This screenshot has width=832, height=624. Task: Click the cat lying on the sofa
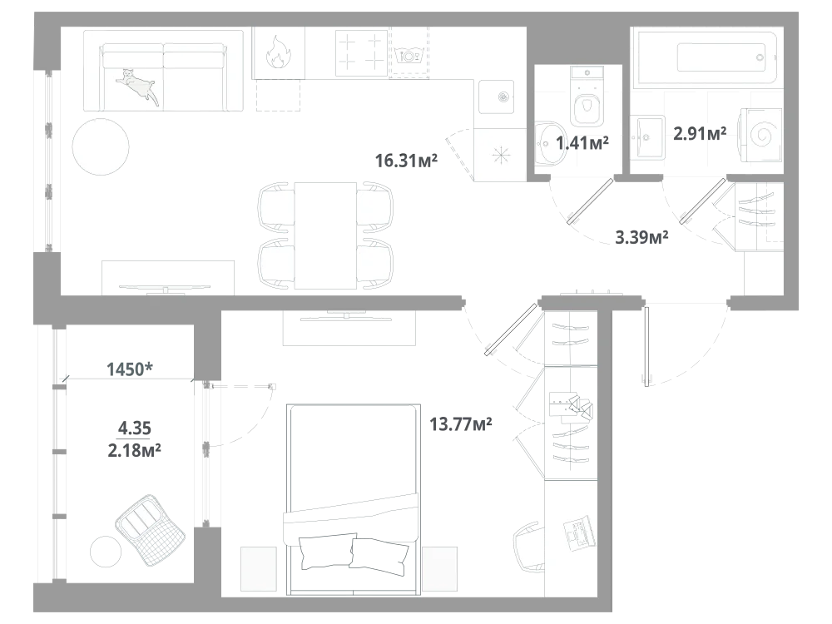coord(138,85)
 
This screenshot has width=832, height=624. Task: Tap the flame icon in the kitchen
coord(278,52)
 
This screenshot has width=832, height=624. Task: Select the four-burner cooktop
coord(361,53)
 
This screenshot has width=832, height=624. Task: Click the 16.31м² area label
coord(407,161)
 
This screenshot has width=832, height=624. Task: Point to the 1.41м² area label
coord(582,143)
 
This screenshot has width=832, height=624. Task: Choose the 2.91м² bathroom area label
coord(700,133)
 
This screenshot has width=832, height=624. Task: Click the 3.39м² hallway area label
coord(641,236)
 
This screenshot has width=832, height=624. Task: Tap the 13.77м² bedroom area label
coord(461,424)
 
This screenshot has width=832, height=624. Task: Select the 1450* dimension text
coord(130,369)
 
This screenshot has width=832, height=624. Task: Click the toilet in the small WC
coord(587,98)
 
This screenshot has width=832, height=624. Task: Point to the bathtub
coord(707,58)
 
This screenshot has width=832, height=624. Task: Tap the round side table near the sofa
coord(101,146)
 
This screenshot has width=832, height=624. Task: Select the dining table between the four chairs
coord(325,235)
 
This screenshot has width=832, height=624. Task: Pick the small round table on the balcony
coord(106,552)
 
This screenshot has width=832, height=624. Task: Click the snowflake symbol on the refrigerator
coord(500,156)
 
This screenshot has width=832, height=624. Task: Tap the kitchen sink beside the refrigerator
coord(496,97)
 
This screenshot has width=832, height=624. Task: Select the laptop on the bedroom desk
coord(579,532)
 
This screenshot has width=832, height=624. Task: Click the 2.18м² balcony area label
coord(134,450)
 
